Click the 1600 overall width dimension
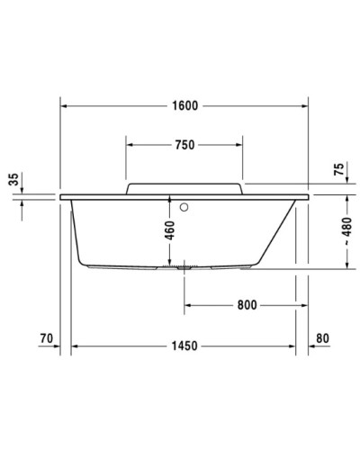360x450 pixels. coord(184,104)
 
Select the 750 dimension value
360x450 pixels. coord(184,144)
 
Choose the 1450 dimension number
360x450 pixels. coord(184,346)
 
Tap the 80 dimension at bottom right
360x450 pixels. coord(324,339)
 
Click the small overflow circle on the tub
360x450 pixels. coord(186,205)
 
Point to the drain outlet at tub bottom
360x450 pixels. coord(185,266)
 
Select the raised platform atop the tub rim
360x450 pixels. coord(184,186)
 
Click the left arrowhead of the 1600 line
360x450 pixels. coord(64,104)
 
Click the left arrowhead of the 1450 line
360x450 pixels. coord(76,346)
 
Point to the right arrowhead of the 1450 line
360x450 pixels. coord(295,346)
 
